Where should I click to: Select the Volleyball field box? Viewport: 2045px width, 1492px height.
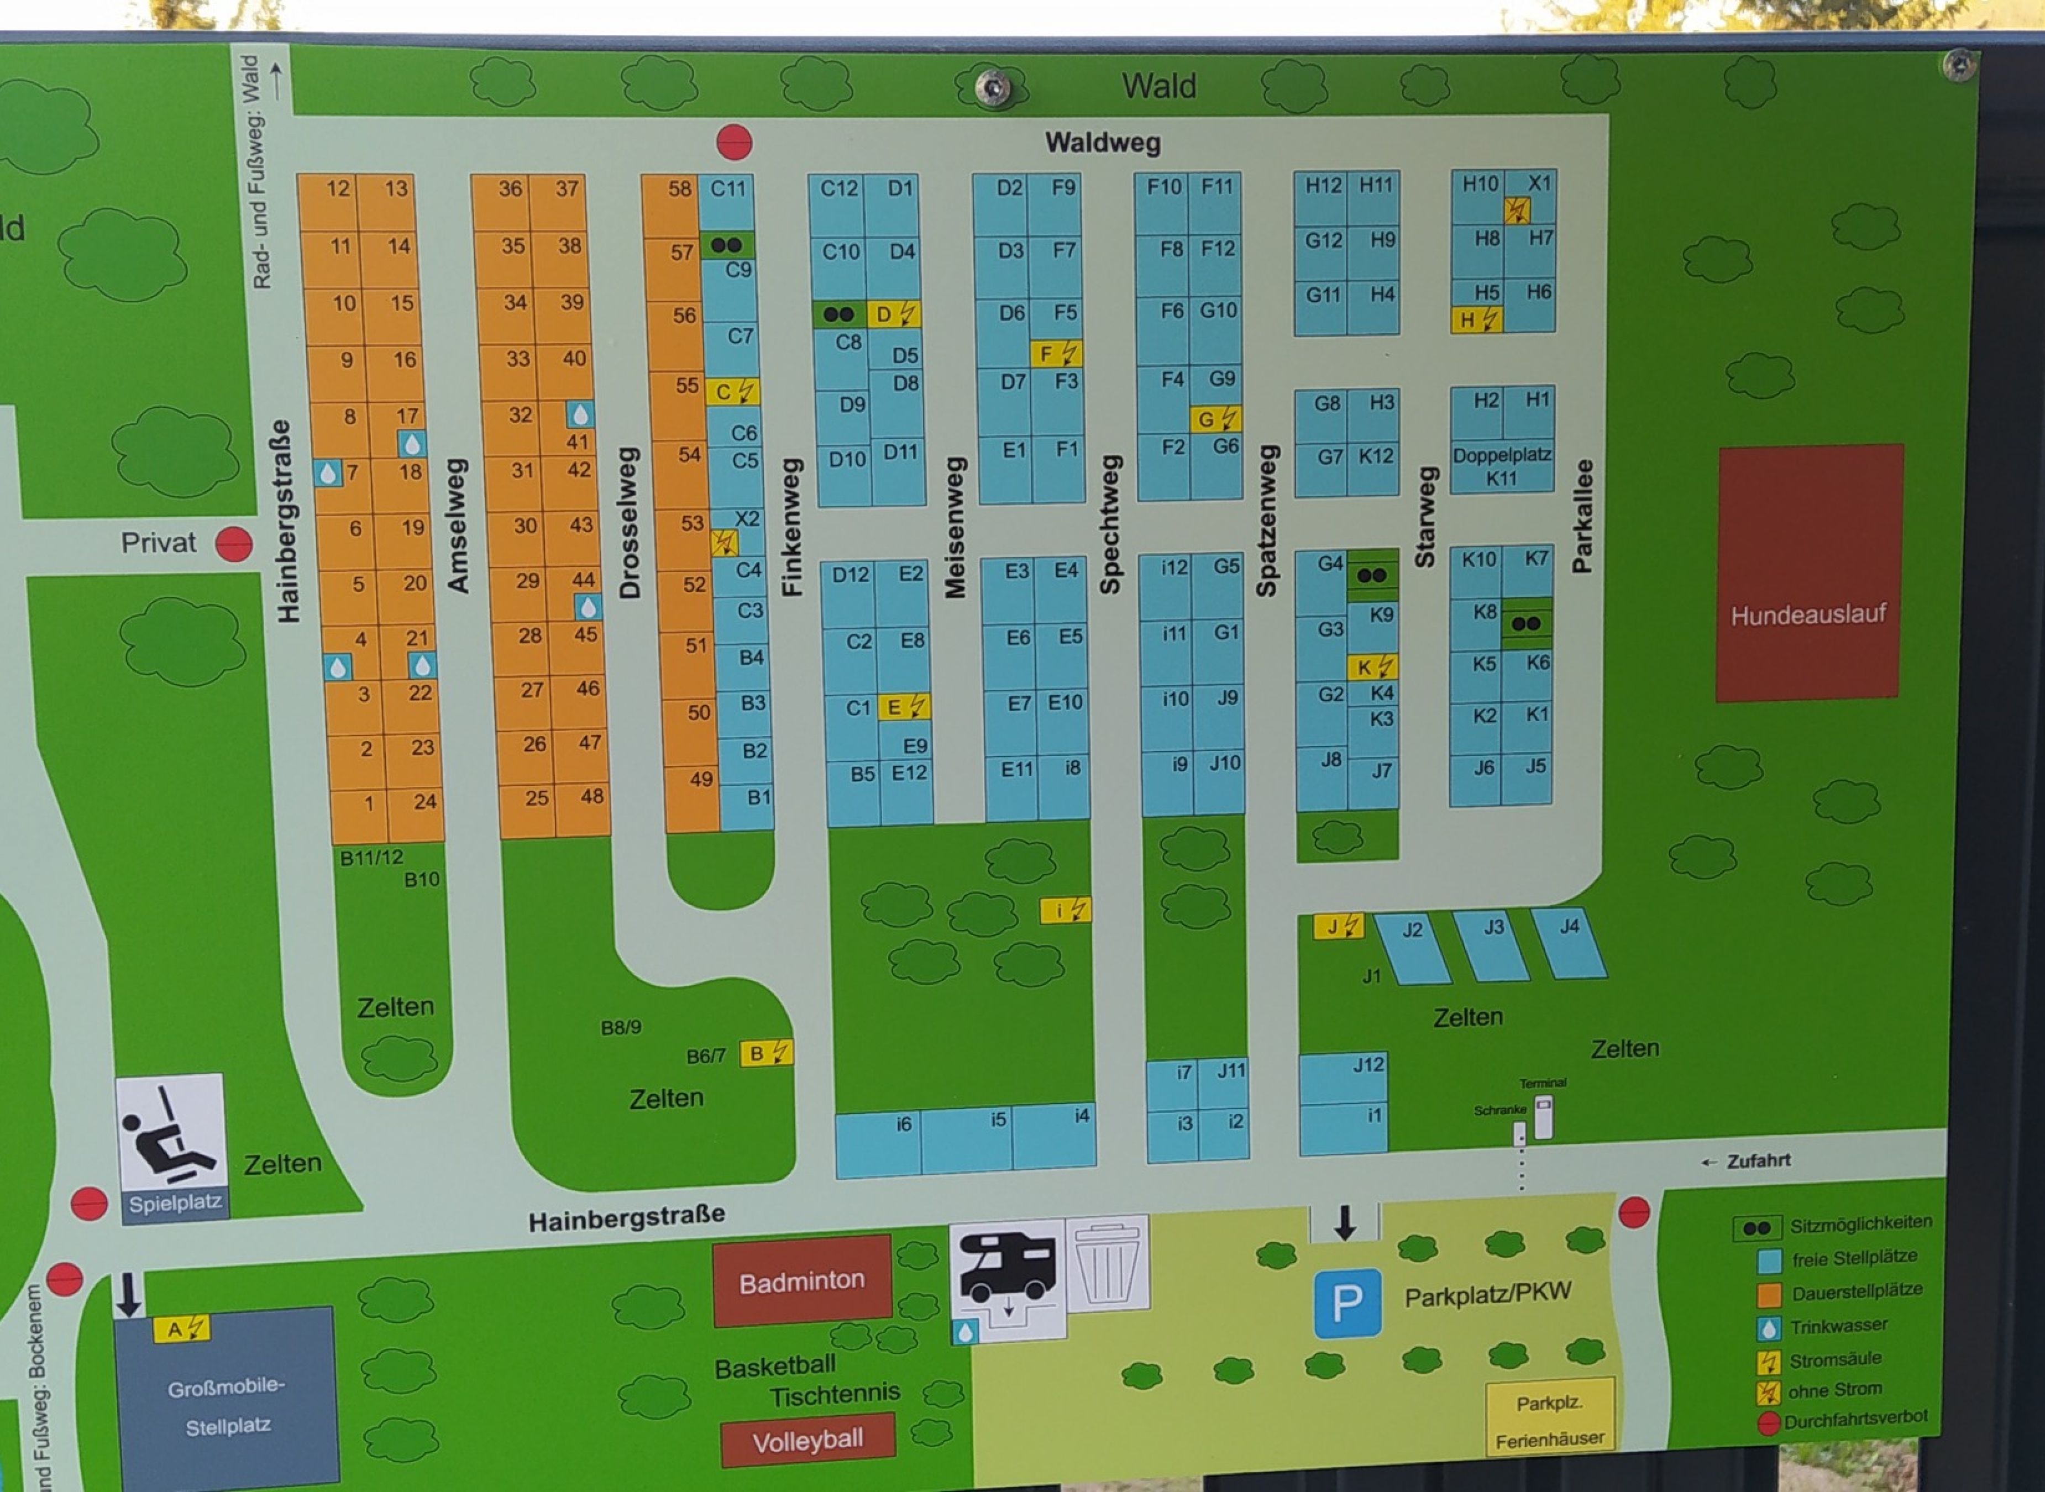[x=807, y=1441]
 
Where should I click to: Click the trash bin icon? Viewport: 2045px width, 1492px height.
[x=1108, y=1263]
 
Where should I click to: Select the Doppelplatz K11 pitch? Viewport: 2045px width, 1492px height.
[x=1501, y=466]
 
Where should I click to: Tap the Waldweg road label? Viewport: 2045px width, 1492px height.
[x=1102, y=143]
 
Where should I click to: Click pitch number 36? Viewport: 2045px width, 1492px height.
[x=510, y=189]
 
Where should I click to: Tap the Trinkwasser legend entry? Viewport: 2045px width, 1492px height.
[x=1838, y=1326]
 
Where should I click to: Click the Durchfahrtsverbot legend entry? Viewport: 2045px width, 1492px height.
[x=1854, y=1420]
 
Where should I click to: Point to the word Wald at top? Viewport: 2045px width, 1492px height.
[x=1159, y=87]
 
